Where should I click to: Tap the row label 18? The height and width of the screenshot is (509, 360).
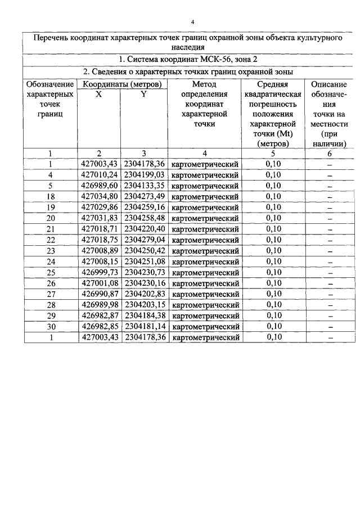coord(50,196)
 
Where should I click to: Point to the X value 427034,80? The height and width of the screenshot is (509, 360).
coord(100,196)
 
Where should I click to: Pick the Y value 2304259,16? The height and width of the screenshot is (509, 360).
coord(145,207)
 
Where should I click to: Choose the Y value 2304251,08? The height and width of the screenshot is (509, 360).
coord(145,262)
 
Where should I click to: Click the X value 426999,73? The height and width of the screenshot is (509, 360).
coord(100,272)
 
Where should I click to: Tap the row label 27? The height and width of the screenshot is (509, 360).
coord(50,294)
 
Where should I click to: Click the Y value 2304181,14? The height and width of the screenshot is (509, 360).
coord(145,326)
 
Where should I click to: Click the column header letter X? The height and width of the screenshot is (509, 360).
coord(99,94)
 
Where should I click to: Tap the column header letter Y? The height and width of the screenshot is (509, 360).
coord(144,94)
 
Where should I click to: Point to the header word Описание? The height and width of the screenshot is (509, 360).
coord(328,84)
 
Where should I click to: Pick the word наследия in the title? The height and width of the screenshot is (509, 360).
coord(188,47)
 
